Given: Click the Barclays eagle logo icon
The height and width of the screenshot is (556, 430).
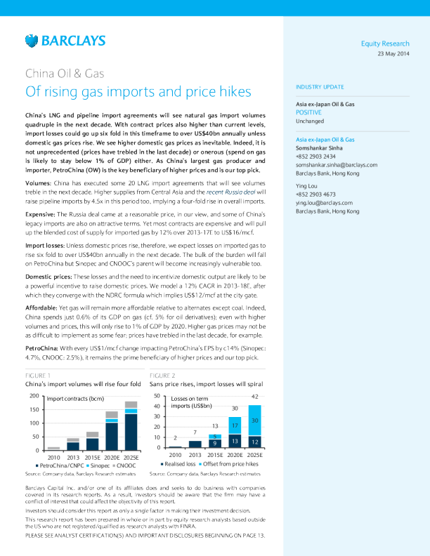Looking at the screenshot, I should [x=32, y=41].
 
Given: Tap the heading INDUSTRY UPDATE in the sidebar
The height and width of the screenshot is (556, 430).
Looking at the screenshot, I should [x=320, y=87].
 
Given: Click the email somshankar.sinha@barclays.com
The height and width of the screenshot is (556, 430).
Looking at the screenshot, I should [x=337, y=164].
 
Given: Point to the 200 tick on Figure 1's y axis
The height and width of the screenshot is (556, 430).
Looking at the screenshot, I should [x=34, y=397].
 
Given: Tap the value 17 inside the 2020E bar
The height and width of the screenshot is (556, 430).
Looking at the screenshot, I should [x=235, y=425].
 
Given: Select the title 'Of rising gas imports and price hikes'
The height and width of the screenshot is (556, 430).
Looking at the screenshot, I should [x=138, y=92].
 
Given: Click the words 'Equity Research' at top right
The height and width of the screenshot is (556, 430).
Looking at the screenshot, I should [x=385, y=44].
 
